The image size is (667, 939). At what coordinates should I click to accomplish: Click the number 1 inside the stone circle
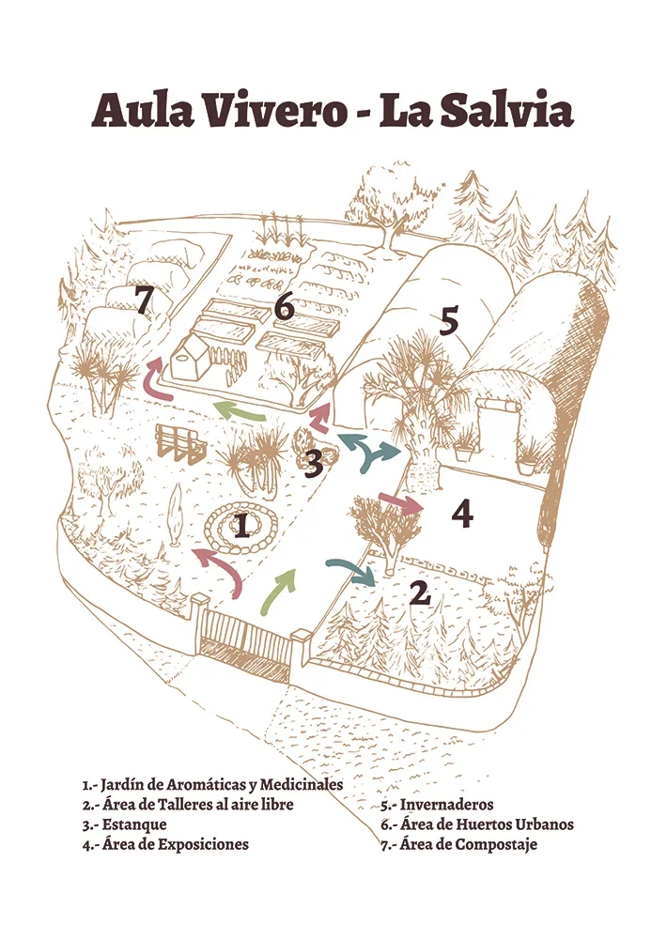[x=241, y=526]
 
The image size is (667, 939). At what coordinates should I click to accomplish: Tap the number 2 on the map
[x=420, y=593]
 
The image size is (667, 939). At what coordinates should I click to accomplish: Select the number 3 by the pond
[x=314, y=464]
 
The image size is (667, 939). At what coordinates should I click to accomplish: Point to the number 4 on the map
[x=462, y=514]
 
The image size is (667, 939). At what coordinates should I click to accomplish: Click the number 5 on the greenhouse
[x=448, y=321]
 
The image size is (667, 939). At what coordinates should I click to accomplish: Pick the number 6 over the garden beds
[x=284, y=308]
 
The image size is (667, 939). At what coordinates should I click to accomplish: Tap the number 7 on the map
[x=143, y=301]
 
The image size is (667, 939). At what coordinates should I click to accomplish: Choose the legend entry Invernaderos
[x=446, y=805]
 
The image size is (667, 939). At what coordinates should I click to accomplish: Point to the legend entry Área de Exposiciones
[x=175, y=845]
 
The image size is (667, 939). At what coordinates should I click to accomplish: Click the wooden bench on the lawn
[x=178, y=443]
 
